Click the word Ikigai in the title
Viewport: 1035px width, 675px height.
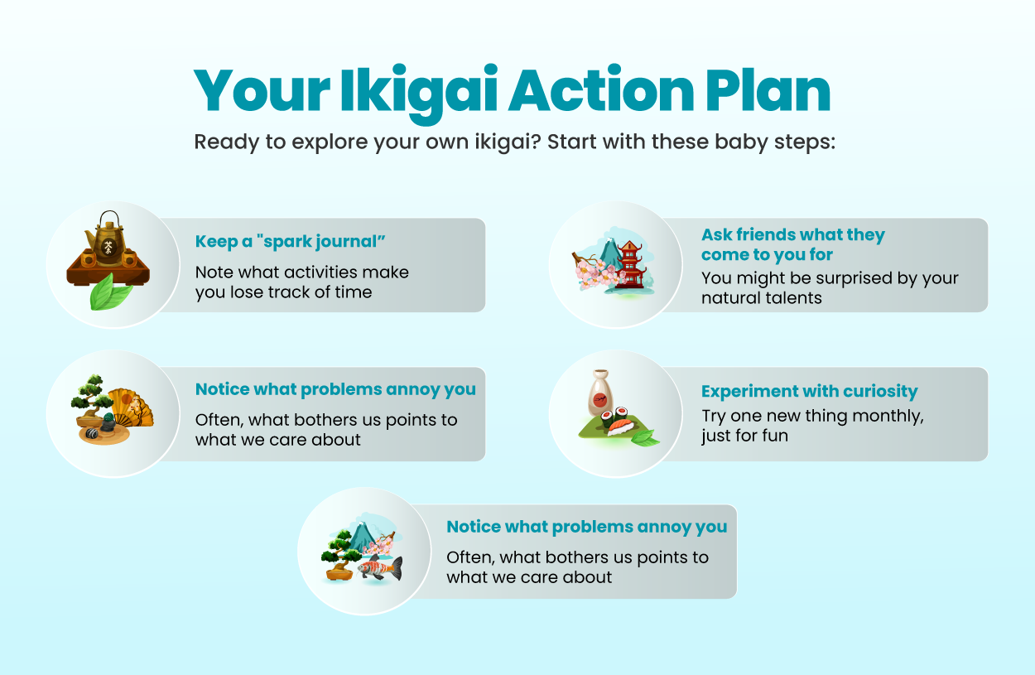tap(419, 93)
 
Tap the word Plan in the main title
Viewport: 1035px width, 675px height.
tap(768, 89)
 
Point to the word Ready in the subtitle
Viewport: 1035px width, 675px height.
tap(226, 142)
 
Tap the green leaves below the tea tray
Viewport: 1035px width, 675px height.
tap(110, 292)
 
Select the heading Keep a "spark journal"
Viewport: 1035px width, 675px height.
tap(290, 241)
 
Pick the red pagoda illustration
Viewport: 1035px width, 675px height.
tap(631, 264)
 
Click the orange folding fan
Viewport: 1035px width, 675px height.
tap(131, 407)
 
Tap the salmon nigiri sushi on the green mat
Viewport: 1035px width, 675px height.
tap(620, 427)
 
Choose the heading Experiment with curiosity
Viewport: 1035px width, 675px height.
tap(810, 392)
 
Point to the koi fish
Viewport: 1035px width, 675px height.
tap(380, 567)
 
